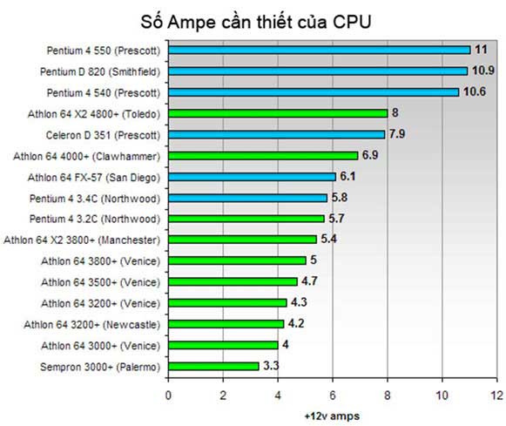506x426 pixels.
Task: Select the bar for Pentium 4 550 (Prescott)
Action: pos(319,50)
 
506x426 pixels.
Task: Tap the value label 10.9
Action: pos(484,71)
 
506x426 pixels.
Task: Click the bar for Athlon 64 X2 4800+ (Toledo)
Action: pos(278,113)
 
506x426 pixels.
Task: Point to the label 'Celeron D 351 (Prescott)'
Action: pos(103,134)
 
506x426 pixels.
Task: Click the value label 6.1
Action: pos(348,176)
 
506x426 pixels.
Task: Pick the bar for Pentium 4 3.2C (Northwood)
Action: pos(246,219)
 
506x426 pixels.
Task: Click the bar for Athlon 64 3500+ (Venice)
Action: pos(233,281)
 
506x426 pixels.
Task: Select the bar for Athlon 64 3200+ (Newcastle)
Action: pos(226,324)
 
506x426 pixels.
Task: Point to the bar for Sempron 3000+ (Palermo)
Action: pos(213,366)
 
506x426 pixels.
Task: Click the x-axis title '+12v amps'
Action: pos(332,416)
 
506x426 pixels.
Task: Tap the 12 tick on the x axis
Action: pos(497,394)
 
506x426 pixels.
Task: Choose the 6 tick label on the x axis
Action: pos(333,394)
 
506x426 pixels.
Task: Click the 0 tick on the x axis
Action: pos(168,394)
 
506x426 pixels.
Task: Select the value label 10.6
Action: pos(476,92)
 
